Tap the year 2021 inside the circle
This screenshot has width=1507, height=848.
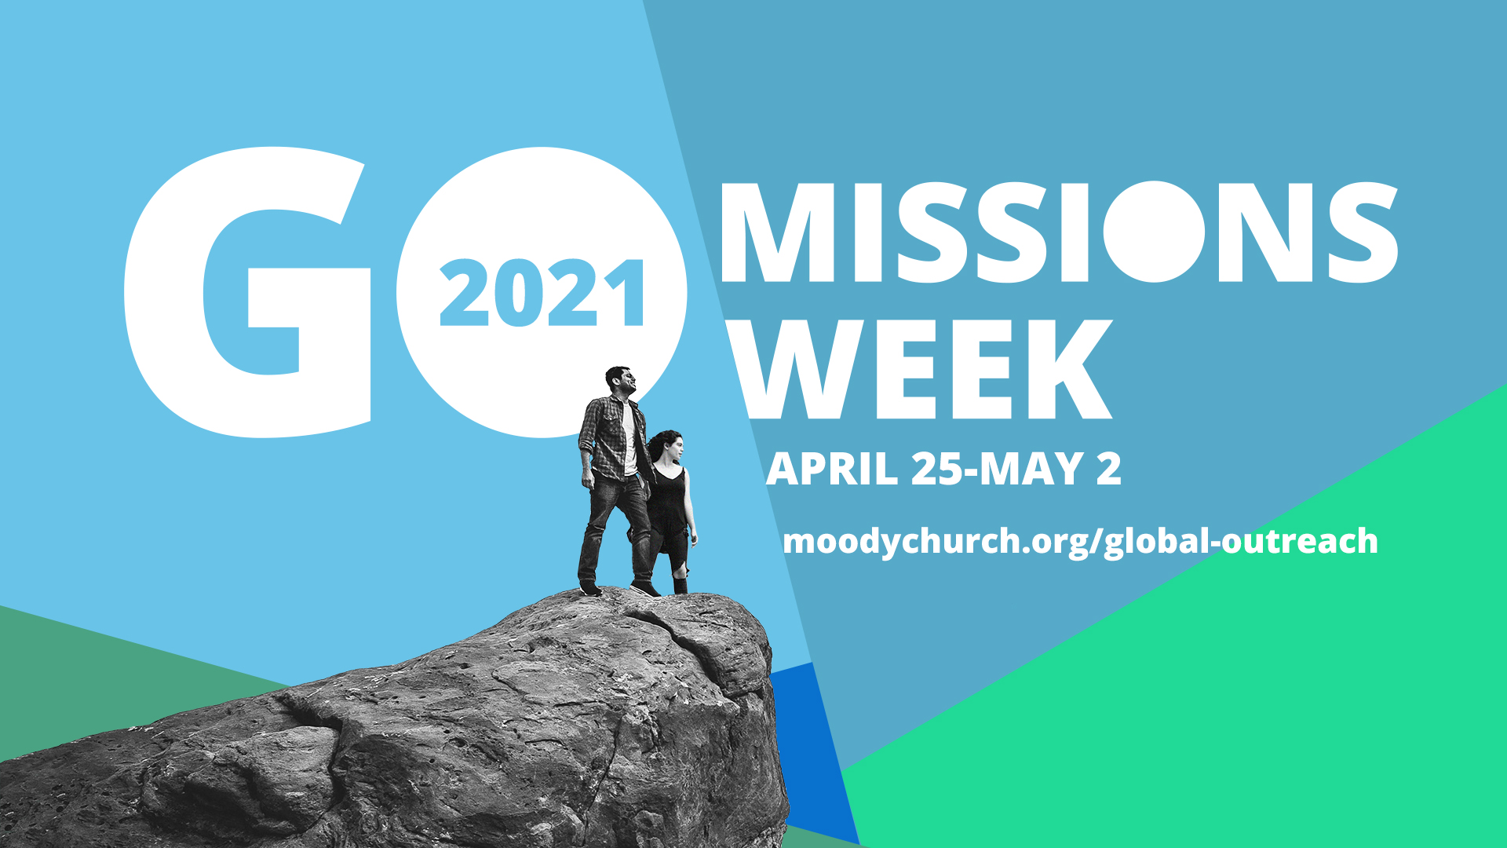pos(542,294)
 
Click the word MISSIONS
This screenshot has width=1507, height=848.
pos(1058,232)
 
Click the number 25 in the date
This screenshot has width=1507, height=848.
pos(937,469)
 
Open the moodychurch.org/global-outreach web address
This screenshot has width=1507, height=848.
pos(1081,542)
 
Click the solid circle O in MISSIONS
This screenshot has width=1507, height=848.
pos(1153,232)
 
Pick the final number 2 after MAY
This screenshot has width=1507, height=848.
pos(1109,469)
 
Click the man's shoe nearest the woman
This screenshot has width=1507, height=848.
pos(645,588)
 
